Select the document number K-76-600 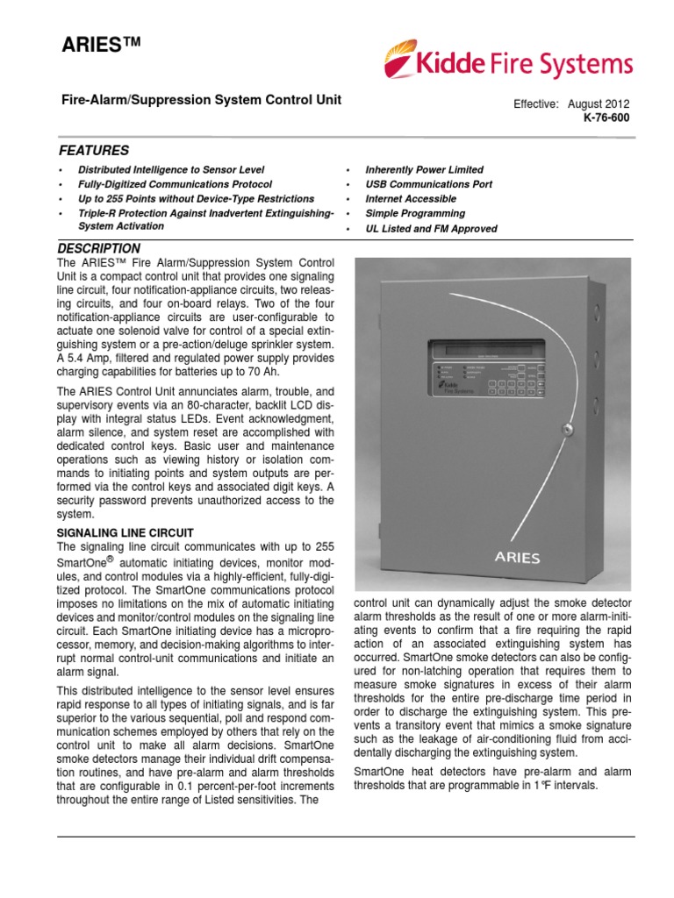point(606,117)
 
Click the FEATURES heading point(94,150)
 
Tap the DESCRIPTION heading point(98,248)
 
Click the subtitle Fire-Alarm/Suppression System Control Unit point(199,100)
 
